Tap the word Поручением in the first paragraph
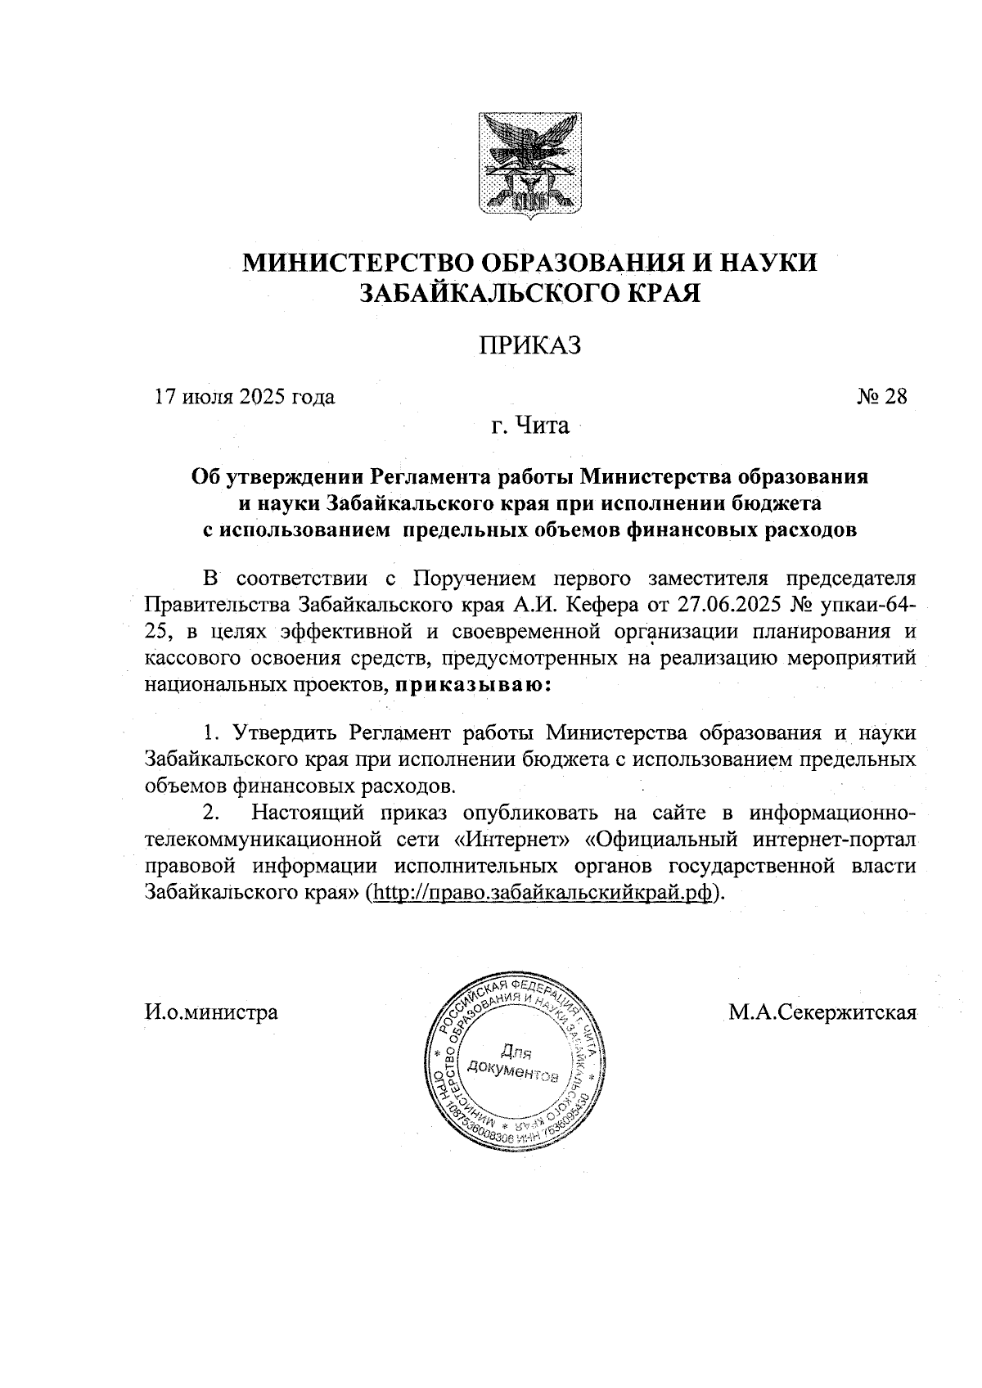tap(473, 579)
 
